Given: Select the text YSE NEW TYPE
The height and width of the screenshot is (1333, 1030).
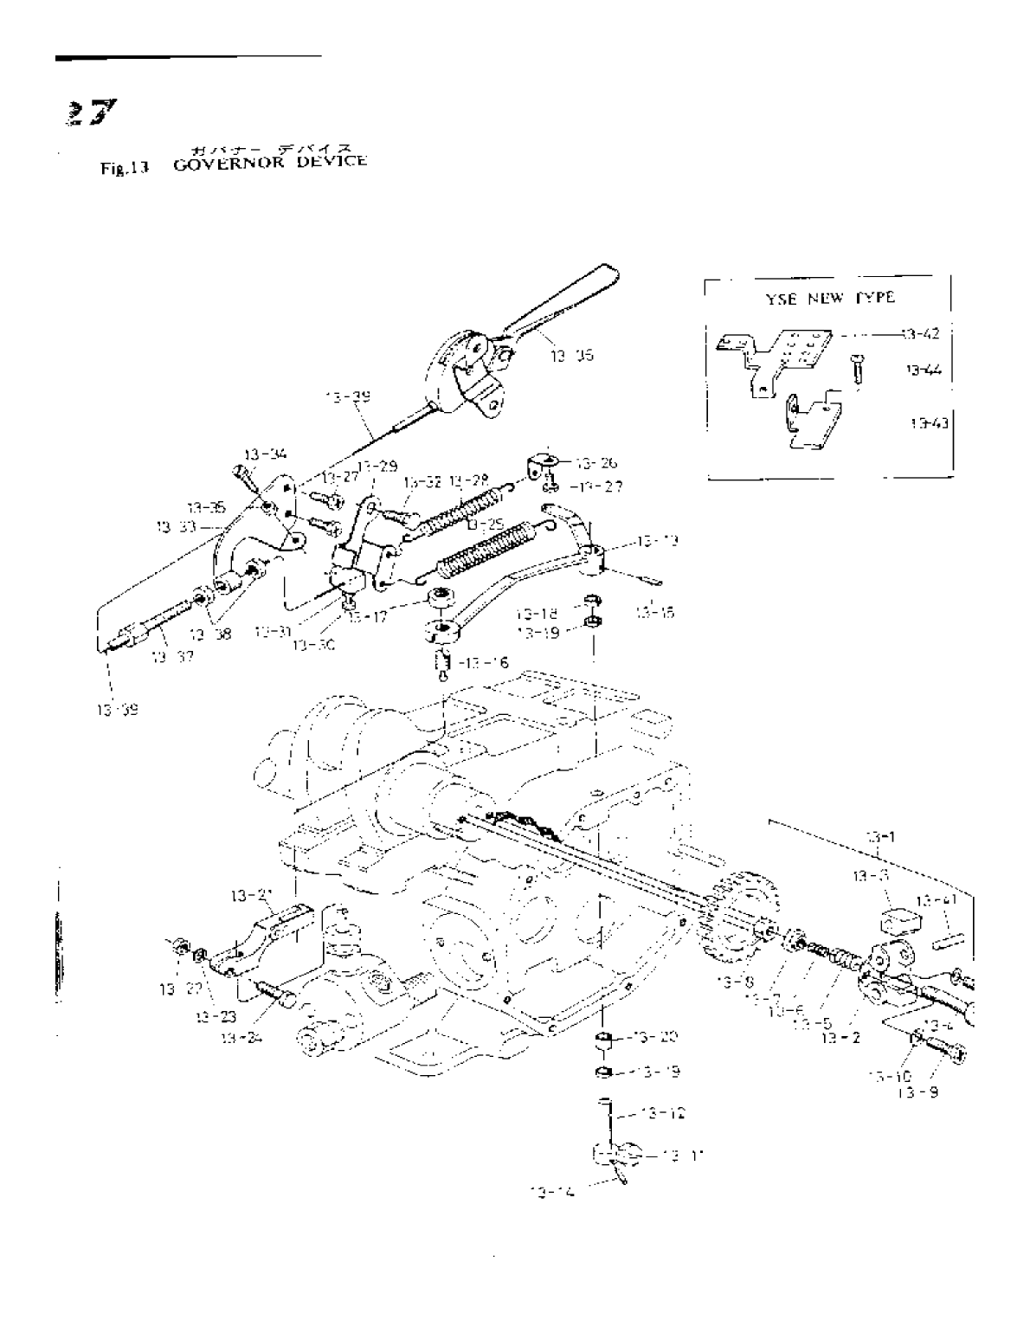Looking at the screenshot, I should click(829, 298).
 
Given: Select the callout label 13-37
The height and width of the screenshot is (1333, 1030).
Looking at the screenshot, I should click(171, 657).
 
